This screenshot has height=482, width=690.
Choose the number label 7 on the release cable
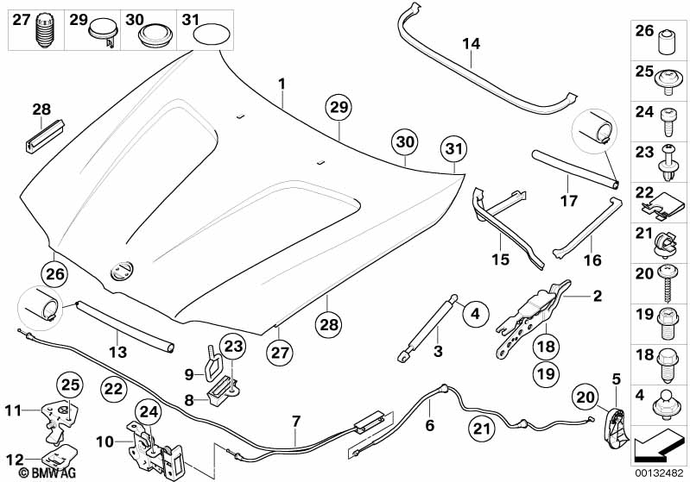pyautogui.click(x=296, y=421)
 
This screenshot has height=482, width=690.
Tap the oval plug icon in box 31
pyautogui.click(x=212, y=35)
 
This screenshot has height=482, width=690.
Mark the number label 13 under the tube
pyautogui.click(x=117, y=353)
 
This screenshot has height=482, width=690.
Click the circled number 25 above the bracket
pyautogui.click(x=69, y=382)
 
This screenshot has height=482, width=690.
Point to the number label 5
pyautogui.click(x=616, y=378)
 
